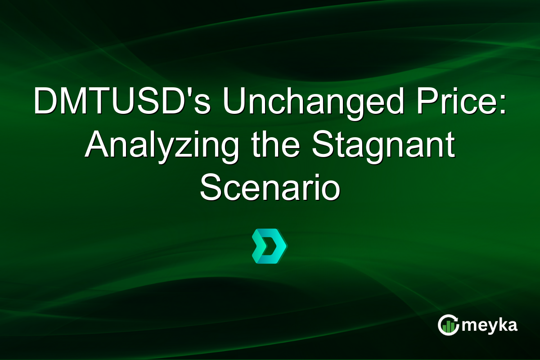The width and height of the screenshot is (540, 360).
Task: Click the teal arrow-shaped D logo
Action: [x=269, y=246]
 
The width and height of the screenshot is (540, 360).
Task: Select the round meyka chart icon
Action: [x=448, y=325]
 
